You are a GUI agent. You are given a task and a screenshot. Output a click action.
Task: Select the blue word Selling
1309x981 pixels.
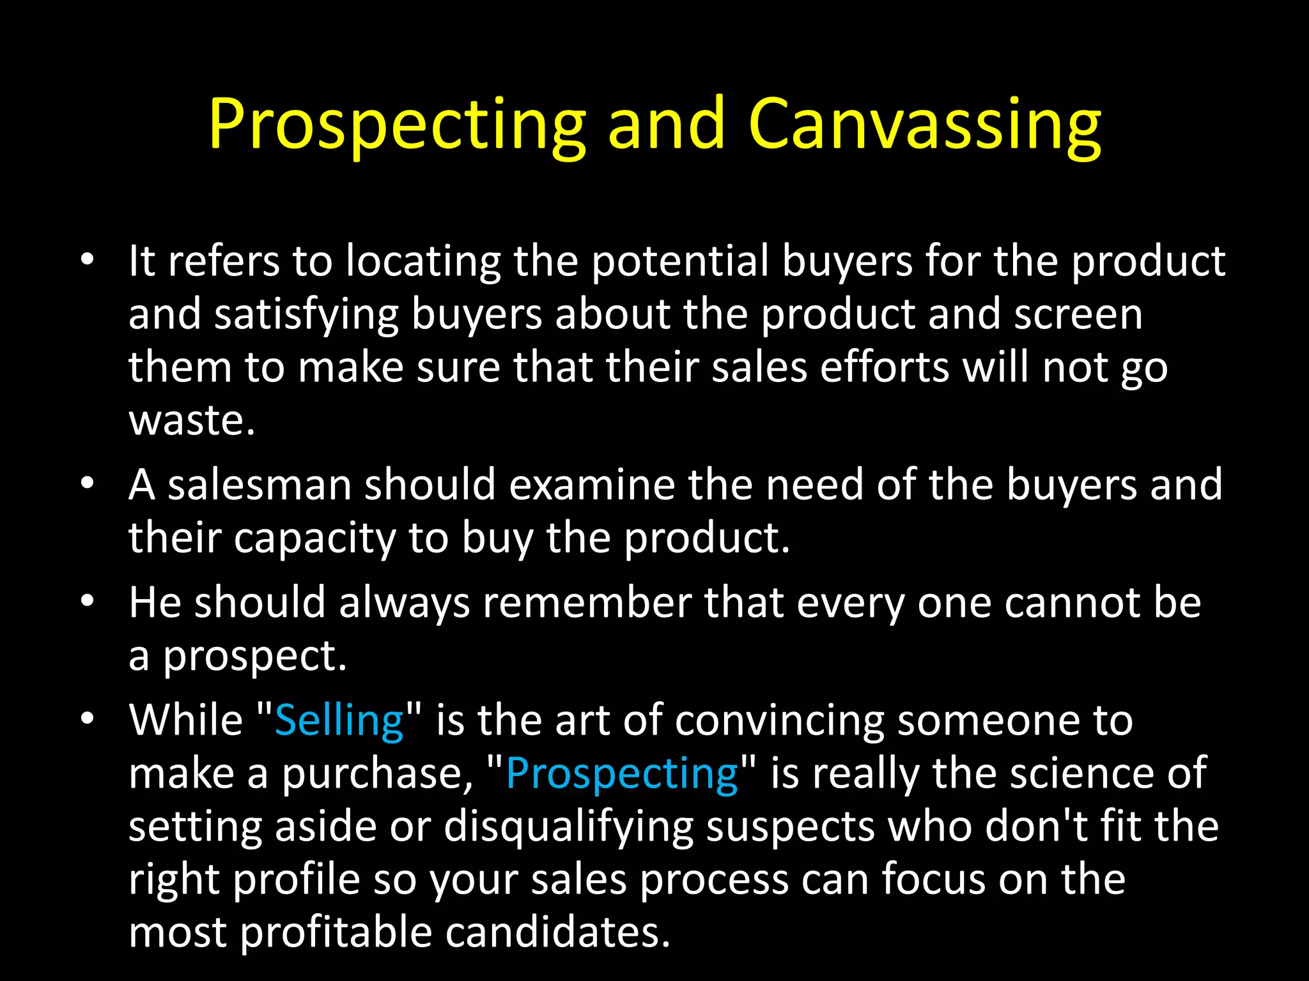click(x=339, y=720)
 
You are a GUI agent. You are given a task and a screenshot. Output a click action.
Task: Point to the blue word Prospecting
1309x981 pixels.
click(x=622, y=774)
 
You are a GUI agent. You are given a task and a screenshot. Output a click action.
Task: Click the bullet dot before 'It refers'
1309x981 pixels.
click(x=88, y=260)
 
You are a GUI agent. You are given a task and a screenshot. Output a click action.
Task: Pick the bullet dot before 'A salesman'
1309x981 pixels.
click(x=88, y=483)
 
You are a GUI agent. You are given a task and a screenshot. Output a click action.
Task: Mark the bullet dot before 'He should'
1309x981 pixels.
click(x=88, y=601)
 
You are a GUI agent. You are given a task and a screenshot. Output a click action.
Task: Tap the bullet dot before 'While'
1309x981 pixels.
click(x=88, y=719)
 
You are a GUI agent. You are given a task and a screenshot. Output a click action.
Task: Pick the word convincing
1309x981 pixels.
click(x=780, y=720)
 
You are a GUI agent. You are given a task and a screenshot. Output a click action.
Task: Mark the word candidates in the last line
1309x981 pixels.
click(x=557, y=932)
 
